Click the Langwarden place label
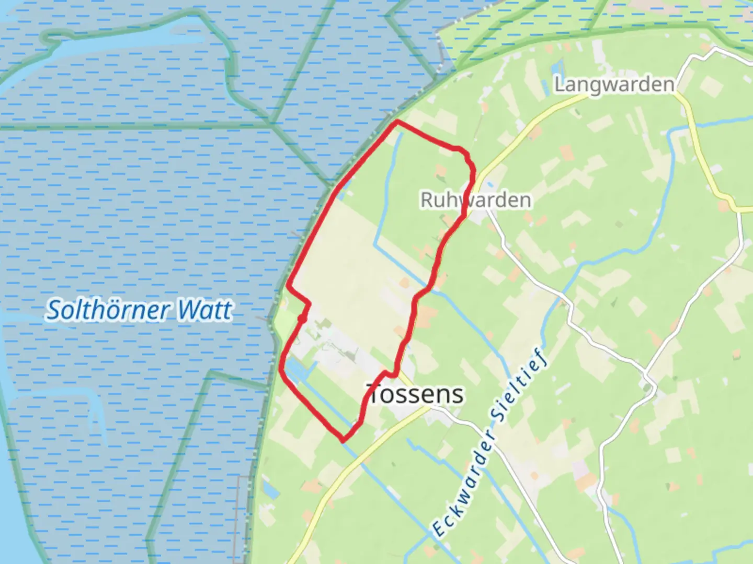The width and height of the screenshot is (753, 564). click(614, 84)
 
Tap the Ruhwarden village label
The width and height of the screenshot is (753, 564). click(475, 200)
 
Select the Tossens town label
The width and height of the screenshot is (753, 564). click(416, 394)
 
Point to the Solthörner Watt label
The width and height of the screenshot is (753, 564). click(139, 310)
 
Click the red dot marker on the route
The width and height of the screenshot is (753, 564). click(302, 319)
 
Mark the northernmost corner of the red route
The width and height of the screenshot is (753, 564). click(397, 122)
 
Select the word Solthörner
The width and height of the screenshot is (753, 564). click(109, 310)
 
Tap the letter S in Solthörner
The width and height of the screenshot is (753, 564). click(53, 310)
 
